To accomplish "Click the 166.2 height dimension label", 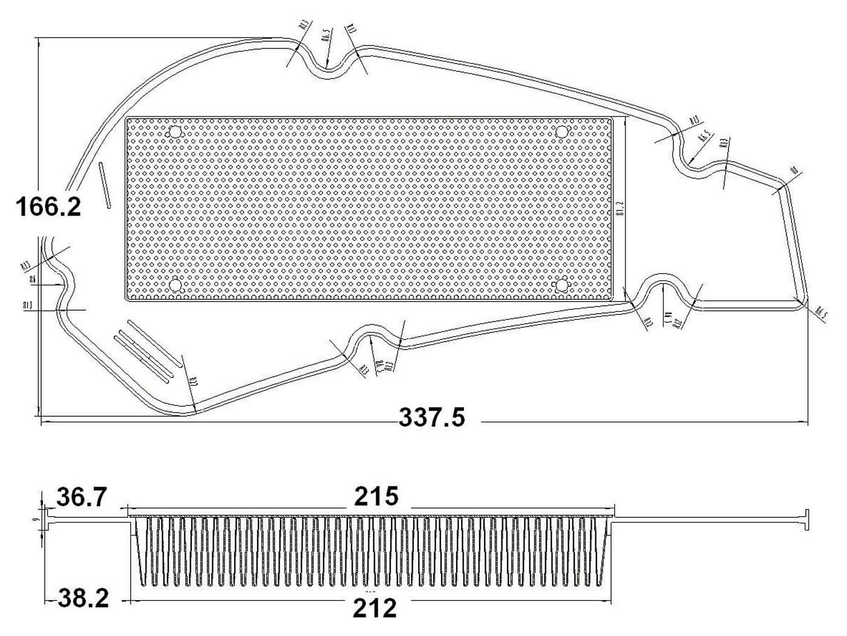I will point(48,207).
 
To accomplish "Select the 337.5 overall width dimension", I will point(432,417).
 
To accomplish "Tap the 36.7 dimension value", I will point(82,498).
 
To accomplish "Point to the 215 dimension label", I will point(376,497).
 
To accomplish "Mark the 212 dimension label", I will point(375,608).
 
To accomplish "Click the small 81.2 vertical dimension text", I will point(620,209).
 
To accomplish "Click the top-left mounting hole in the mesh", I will point(175,133).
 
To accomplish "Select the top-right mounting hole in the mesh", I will point(562,132).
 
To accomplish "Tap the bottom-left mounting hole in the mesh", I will point(175,284).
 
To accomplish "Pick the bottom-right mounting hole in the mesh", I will point(562,284).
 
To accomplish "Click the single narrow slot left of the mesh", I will point(104,186).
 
